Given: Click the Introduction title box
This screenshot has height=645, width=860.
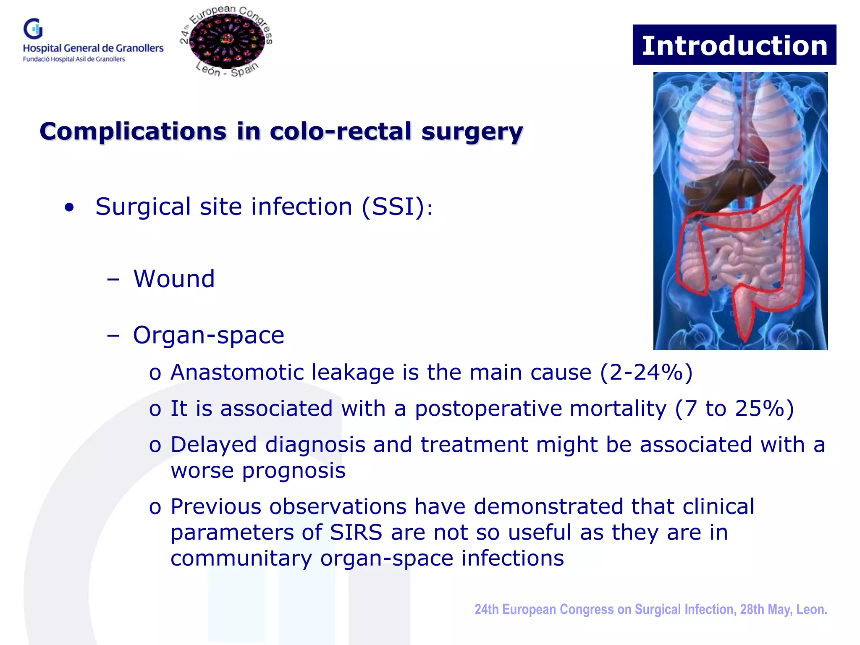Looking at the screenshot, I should tap(734, 45).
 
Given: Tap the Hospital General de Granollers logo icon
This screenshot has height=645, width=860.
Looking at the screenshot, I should tap(33, 29).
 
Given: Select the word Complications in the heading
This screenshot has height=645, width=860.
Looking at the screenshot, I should tap(133, 131).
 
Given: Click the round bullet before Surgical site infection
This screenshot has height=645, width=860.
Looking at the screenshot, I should tap(69, 207).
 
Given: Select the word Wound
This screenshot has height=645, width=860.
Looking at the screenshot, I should tap(174, 279).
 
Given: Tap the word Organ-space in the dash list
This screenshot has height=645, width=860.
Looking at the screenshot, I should tap(209, 335).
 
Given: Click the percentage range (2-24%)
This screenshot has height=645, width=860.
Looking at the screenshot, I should tap(646, 372).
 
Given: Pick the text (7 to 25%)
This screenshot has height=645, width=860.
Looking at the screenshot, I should tap(734, 409).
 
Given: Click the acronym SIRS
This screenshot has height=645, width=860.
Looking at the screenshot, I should tap(356, 532).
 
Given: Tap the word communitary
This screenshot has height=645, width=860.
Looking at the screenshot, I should tap(241, 558).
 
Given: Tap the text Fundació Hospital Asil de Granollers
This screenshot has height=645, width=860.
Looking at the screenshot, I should tap(74, 59).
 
